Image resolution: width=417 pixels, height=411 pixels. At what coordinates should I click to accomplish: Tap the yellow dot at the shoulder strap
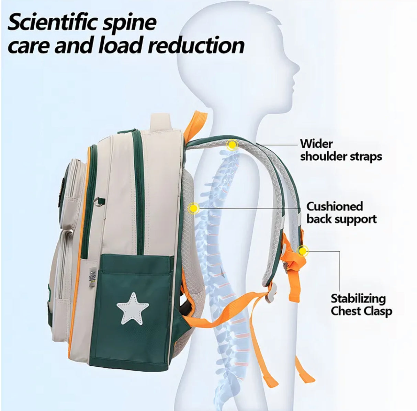pyautogui.click(x=232, y=145)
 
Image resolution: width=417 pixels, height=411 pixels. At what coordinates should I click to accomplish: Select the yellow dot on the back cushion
pyautogui.click(x=194, y=208)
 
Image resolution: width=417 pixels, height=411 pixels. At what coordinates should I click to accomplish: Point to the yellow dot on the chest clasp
pyautogui.click(x=302, y=251)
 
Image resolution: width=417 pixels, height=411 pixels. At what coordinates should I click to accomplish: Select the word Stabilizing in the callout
pyautogui.click(x=358, y=298)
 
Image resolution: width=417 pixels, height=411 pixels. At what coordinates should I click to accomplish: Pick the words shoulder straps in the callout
pyautogui.click(x=341, y=157)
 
